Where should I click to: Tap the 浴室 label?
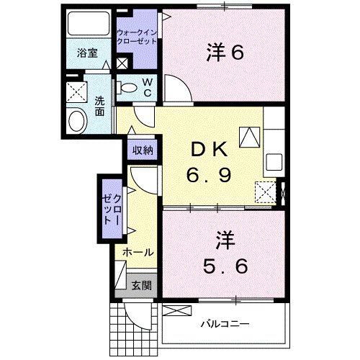click(89, 52)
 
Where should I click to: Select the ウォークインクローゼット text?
click(137, 37)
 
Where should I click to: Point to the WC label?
click(146, 88)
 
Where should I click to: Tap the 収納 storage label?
click(142, 150)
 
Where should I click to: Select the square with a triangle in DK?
click(250, 135)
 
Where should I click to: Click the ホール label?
click(137, 253)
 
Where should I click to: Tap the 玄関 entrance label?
click(141, 285)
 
